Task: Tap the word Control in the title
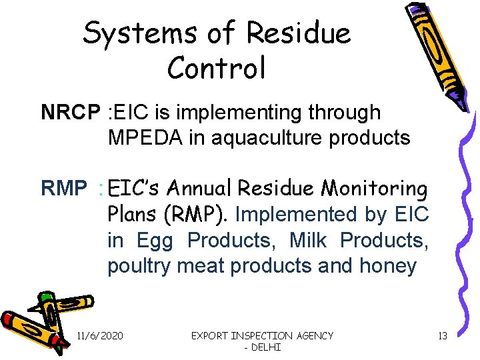(x=217, y=67)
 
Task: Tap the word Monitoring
(x=374, y=189)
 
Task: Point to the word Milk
(x=311, y=240)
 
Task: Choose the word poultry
(x=139, y=266)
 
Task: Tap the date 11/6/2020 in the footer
(x=100, y=336)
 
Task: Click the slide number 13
(x=442, y=336)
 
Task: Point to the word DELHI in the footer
(x=266, y=347)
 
